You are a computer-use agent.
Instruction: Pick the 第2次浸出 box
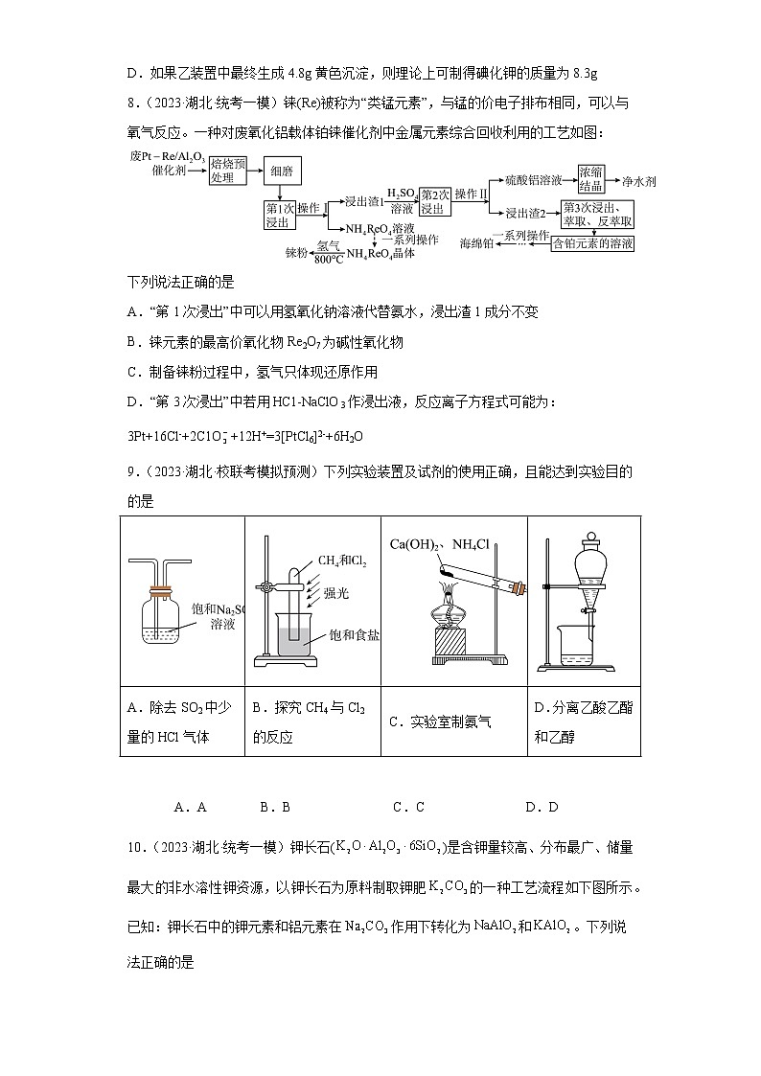pyautogui.click(x=434, y=200)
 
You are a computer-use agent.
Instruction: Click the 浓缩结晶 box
pyautogui.click(x=590, y=176)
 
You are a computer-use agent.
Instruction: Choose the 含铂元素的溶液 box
pyautogui.click(x=593, y=243)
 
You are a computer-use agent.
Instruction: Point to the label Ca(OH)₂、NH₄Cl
pyautogui.click(x=439, y=544)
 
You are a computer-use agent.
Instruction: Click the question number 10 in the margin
pyautogui.click(x=133, y=847)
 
